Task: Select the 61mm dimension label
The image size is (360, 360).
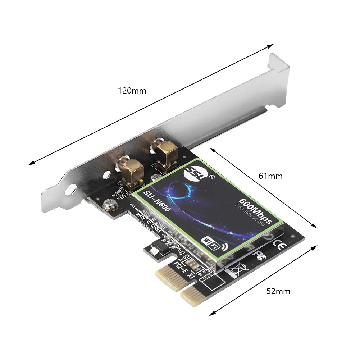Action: coord(270,176)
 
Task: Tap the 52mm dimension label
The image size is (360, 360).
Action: coord(278,291)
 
